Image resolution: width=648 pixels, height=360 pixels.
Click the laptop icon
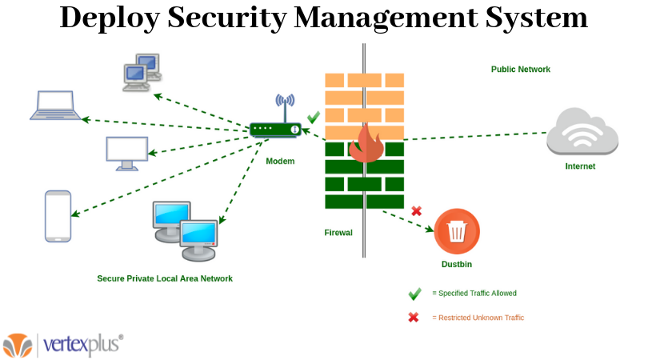[x=56, y=106]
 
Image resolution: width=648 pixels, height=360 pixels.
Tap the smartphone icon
[x=58, y=215]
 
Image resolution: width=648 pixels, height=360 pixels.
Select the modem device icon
[x=274, y=128]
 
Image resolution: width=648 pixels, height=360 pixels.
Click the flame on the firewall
[x=366, y=144]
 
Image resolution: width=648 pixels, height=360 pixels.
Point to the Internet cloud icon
[x=582, y=132]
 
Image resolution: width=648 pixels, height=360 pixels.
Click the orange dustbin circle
[x=457, y=231]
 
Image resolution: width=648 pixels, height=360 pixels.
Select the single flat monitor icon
[x=126, y=153]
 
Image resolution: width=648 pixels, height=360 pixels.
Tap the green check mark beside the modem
[x=314, y=117]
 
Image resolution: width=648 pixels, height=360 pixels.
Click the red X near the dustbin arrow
[x=416, y=211]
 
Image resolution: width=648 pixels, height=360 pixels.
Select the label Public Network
[x=521, y=70]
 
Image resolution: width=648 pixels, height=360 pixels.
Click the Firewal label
[x=338, y=234]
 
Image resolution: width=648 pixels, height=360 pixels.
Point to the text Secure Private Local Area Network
[x=165, y=278]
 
